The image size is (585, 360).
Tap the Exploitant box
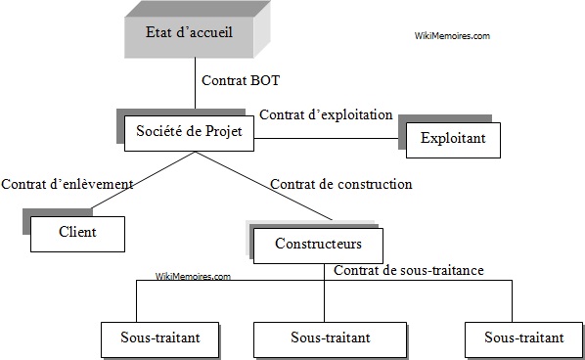pos(453,139)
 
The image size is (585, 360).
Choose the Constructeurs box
pos(317,244)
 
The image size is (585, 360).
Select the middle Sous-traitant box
pos(330,338)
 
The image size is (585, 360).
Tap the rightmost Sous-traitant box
pos(523,338)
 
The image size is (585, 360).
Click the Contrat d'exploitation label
pos(326,114)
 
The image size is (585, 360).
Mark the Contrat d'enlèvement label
pos(67,183)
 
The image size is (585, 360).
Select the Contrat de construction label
pos(340,183)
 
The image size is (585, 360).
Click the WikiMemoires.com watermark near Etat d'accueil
pos(452,35)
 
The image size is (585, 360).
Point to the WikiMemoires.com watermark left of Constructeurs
pos(193,277)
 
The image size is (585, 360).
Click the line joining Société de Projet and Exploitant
pos(328,139)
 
